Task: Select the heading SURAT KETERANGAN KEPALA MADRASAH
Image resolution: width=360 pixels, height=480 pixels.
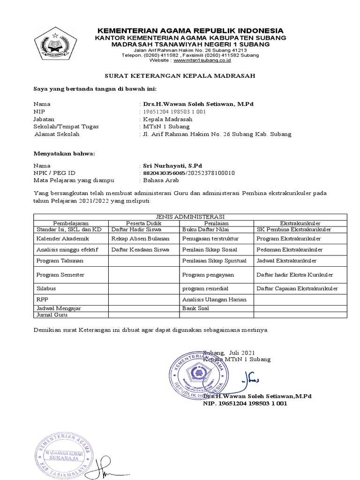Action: [x=180, y=76]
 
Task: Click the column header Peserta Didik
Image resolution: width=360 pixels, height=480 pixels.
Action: [x=144, y=223]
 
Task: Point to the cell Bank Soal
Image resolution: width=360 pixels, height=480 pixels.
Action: [x=195, y=308]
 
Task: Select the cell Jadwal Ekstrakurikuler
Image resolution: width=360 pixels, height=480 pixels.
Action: [x=286, y=260]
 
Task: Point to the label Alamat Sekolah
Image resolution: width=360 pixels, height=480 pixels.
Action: [x=58, y=134]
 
